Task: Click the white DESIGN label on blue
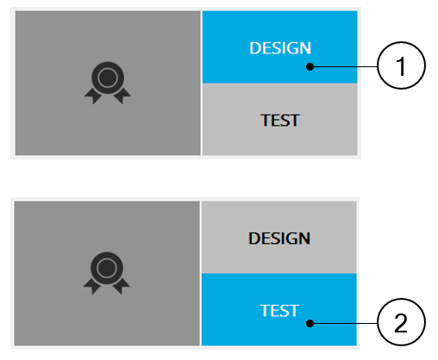pos(280,48)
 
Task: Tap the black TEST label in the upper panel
pos(280,121)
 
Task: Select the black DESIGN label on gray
pos(279,239)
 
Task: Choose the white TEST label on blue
pos(279,311)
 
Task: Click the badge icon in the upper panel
pos(108,83)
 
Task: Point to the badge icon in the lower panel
pos(107,273)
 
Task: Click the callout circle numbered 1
pos(401,65)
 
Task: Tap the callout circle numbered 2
pos(401,322)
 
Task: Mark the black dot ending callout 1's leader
pos(310,66)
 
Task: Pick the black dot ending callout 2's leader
pos(310,323)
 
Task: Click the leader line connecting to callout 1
pos(343,66)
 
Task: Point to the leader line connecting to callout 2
pos(343,323)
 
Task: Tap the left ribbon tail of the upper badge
pos(93,96)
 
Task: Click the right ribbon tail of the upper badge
pos(122,96)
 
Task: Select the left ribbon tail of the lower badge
pos(92,287)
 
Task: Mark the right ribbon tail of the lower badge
pos(122,287)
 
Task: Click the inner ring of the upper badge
pos(108,69)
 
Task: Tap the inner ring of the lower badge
pos(107,259)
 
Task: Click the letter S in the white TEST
pos(284,311)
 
